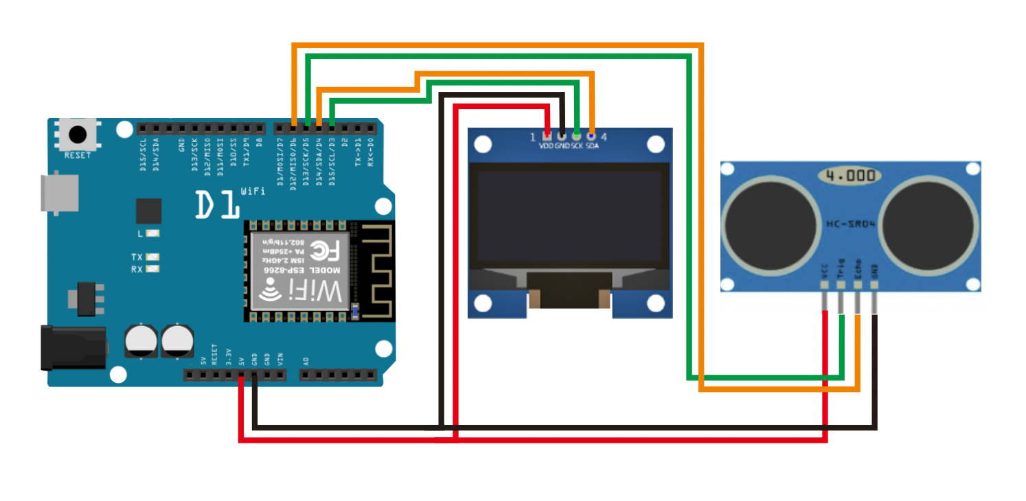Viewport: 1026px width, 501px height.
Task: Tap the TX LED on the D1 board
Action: click(152, 257)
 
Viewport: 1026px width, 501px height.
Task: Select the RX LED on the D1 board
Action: click(152, 268)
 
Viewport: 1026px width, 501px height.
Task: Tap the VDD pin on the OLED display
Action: click(547, 135)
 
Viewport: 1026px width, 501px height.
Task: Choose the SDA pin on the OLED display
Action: click(591, 135)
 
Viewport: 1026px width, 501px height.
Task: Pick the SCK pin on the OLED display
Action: click(576, 135)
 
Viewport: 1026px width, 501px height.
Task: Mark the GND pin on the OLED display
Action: click(562, 135)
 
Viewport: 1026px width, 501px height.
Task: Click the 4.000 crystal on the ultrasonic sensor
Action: click(851, 176)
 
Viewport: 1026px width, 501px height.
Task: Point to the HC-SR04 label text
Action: click(851, 224)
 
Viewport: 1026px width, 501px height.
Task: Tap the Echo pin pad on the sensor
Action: click(858, 284)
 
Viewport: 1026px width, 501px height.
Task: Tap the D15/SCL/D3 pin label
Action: click(332, 162)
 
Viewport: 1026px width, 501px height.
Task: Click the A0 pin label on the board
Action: click(305, 360)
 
